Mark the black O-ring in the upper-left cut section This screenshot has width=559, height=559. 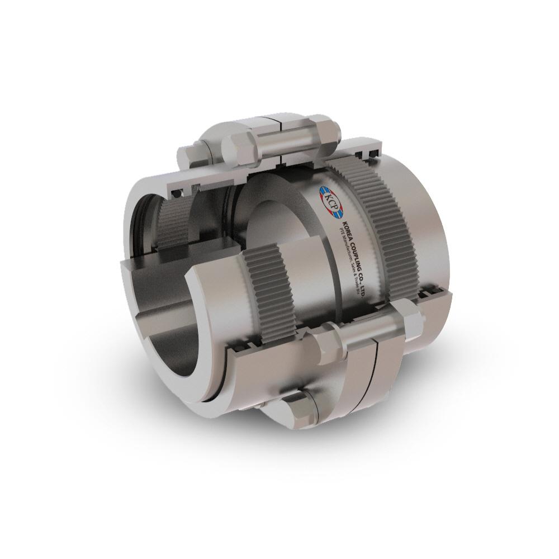[x=177, y=193]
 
